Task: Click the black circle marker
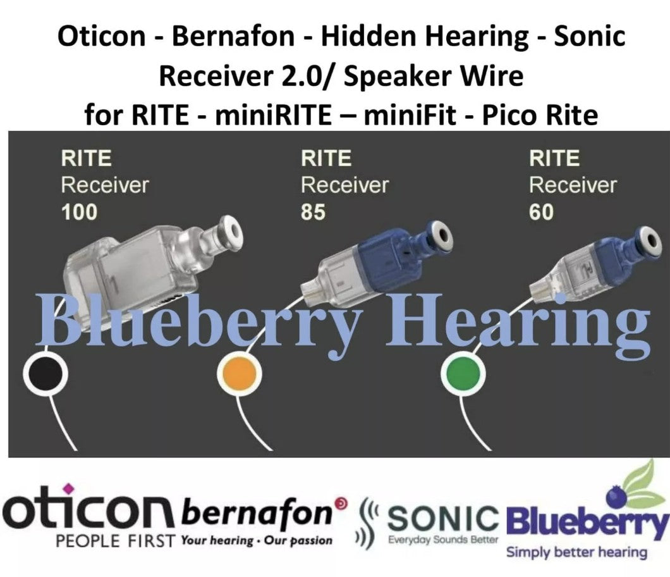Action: click(46, 374)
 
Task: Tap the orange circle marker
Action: click(240, 374)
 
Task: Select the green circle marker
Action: click(463, 374)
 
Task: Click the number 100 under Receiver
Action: click(79, 212)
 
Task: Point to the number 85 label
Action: click(313, 212)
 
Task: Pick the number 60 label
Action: click(542, 212)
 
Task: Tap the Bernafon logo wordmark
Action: click(257, 512)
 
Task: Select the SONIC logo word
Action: click(442, 518)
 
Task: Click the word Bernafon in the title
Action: click(233, 36)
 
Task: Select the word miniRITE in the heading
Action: click(273, 115)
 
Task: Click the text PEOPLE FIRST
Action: click(116, 541)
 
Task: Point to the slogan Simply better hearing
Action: click(576, 552)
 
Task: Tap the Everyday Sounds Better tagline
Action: click(443, 540)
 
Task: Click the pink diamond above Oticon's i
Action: click(68, 488)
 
